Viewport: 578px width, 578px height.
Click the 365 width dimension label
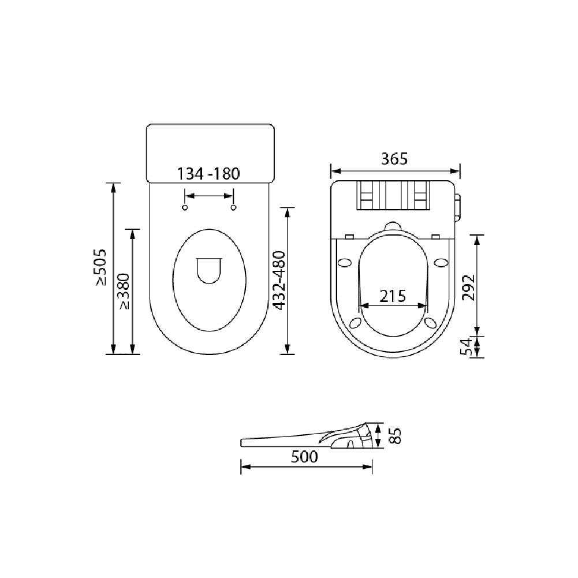click(x=394, y=159)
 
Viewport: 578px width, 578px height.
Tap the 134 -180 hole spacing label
click(x=208, y=174)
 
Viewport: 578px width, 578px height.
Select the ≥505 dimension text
click(x=100, y=267)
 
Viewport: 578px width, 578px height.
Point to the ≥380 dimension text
click(x=124, y=291)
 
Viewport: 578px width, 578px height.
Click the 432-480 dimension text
click(x=279, y=281)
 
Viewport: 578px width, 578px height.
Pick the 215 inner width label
click(x=393, y=296)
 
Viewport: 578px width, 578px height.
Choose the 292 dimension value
click(x=468, y=288)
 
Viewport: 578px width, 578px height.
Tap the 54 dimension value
click(x=467, y=346)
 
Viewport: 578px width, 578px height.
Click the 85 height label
click(x=394, y=436)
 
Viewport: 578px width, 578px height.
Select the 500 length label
click(x=304, y=457)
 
